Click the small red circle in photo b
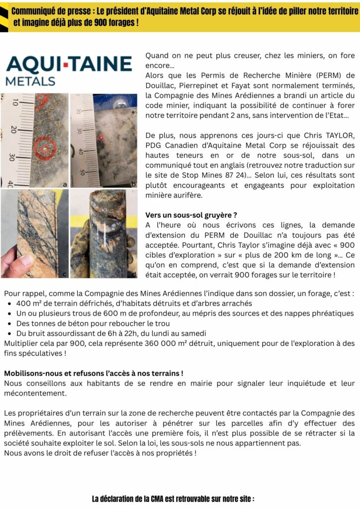coord(101,137)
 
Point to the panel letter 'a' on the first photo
coord(65,184)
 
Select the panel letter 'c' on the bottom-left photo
coord(65,274)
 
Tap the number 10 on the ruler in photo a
coord(15,102)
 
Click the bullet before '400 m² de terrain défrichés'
coord(9,303)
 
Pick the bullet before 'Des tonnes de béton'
coord(9,323)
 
